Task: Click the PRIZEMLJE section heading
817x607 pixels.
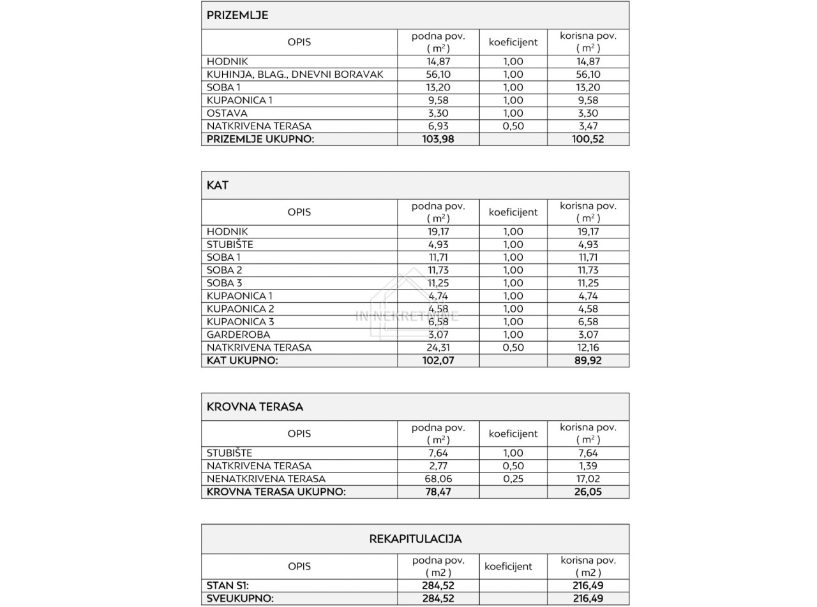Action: [x=237, y=15]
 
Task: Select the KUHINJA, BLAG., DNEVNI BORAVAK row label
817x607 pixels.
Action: [x=295, y=75]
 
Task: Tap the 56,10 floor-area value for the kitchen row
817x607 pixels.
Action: [x=438, y=75]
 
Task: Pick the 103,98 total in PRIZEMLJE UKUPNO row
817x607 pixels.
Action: [x=438, y=139]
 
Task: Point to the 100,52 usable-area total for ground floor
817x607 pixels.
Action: [x=588, y=139]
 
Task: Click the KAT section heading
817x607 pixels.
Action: [x=218, y=186]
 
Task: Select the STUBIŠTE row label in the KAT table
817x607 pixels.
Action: [x=230, y=245]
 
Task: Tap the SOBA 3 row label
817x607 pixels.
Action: [x=224, y=283]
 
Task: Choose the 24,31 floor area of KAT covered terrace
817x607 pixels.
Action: [x=438, y=347]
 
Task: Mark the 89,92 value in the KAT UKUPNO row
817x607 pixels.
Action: [x=588, y=360]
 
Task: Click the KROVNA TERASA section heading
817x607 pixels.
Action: [x=255, y=407]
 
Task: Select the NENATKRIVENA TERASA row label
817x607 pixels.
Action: [x=266, y=479]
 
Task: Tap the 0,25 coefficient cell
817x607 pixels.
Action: [x=513, y=479]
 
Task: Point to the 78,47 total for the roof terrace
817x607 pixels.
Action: [x=438, y=492]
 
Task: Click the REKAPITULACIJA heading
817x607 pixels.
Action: [x=415, y=539]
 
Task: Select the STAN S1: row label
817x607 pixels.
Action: [x=227, y=585]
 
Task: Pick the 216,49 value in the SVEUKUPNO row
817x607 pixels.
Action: [x=588, y=598]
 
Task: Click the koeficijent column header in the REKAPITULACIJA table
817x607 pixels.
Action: [x=508, y=566]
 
